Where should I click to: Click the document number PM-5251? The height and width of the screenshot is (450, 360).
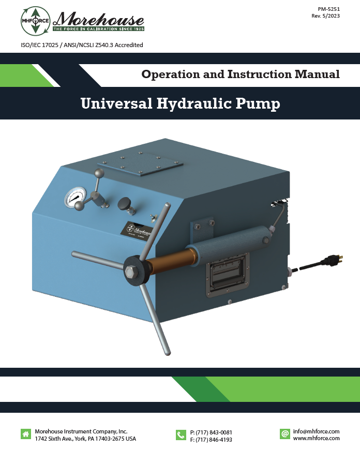[x=328, y=9]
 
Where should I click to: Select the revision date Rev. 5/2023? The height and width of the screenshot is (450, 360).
[x=325, y=16]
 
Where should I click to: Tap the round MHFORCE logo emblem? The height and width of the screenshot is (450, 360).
[x=36, y=21]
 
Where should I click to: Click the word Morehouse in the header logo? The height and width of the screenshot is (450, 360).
[x=98, y=20]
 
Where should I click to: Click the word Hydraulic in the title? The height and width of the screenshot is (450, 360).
[x=194, y=104]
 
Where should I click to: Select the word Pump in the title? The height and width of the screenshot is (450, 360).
[x=258, y=104]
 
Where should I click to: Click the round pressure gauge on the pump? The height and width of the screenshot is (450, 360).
[x=75, y=197]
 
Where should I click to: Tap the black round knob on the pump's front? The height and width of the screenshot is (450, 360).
[x=124, y=203]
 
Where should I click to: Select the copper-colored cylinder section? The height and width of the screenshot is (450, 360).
[x=170, y=261]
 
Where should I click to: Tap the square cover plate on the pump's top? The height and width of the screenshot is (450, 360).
[x=140, y=164]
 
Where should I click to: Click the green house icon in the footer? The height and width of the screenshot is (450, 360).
[x=26, y=434]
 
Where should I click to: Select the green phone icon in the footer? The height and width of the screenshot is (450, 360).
[x=181, y=435]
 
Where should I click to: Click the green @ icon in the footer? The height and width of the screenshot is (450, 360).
[x=285, y=433]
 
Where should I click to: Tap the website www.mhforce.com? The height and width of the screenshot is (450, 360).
[x=317, y=438]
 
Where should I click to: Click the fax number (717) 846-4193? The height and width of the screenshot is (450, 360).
[x=214, y=439]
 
